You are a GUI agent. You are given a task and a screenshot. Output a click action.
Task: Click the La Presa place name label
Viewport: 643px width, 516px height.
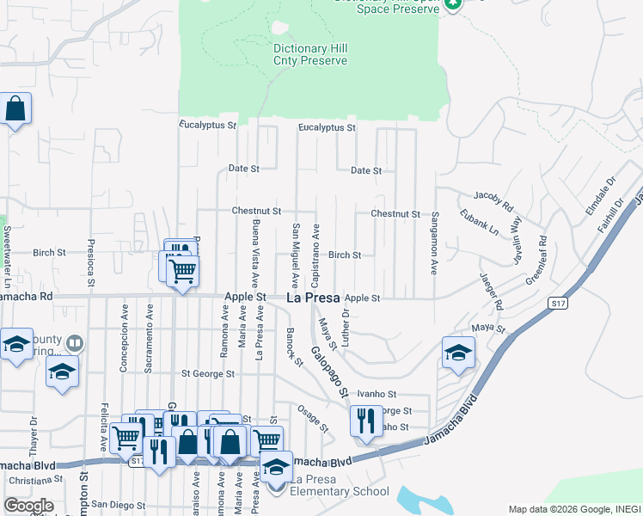311,298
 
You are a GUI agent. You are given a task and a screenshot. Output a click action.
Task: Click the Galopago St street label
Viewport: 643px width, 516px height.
329,372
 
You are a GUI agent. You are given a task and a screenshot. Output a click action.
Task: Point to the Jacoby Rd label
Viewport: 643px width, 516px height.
492,202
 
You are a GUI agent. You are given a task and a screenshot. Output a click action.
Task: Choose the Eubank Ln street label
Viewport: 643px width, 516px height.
479,222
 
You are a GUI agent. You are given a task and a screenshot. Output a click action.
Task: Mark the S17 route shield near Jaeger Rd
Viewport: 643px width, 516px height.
559,304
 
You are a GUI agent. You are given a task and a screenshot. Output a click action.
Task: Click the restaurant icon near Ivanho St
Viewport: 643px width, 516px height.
366,421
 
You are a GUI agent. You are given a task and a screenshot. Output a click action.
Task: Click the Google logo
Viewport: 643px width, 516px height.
28,506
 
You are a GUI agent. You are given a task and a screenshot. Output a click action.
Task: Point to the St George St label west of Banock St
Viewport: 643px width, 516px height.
208,373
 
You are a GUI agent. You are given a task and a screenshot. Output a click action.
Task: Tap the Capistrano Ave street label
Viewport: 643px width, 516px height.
316,255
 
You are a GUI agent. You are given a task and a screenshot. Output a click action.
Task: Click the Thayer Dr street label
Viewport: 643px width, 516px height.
34,435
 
